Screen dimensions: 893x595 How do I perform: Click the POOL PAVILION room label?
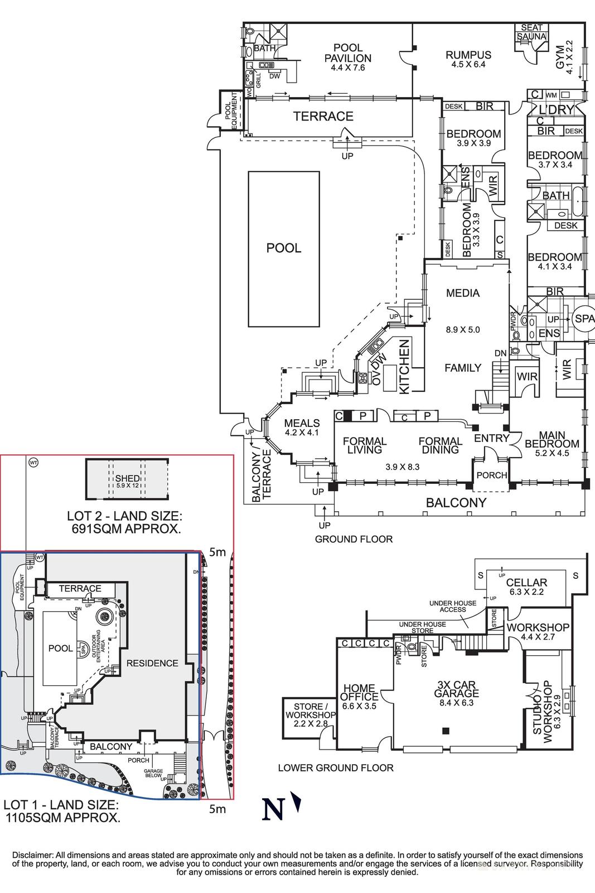click(348, 54)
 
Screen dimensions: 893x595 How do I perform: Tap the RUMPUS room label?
click(468, 55)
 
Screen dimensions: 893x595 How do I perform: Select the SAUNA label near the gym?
click(531, 37)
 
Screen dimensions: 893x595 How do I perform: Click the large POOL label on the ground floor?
click(283, 248)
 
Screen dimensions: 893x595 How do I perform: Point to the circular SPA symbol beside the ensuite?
click(584, 319)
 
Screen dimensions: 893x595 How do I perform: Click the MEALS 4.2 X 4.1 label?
click(302, 424)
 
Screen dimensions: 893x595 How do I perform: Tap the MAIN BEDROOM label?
click(552, 440)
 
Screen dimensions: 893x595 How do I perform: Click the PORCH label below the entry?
click(492, 476)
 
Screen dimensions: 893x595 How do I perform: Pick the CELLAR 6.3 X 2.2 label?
click(526, 583)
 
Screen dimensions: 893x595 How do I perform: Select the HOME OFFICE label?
click(359, 693)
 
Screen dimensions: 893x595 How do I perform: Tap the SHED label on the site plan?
click(128, 478)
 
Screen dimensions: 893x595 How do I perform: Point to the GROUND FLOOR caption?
click(354, 539)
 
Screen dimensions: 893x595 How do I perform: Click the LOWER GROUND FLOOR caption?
click(336, 768)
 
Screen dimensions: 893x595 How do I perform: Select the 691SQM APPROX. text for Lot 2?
click(126, 529)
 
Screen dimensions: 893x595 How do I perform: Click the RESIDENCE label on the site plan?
click(152, 663)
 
